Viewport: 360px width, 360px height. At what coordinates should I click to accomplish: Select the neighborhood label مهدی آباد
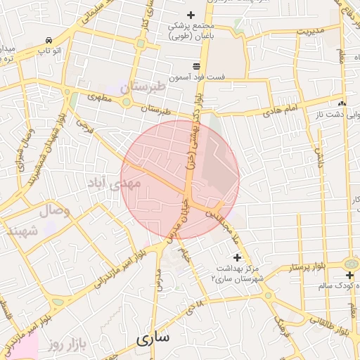(x=113, y=183)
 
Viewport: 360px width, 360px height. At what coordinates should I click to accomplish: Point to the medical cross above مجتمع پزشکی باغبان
(x=191, y=15)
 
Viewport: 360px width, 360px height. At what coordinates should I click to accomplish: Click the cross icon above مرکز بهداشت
(x=237, y=257)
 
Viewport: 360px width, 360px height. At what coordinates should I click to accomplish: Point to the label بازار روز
(x=67, y=345)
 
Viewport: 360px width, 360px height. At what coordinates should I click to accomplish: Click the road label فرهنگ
(x=280, y=324)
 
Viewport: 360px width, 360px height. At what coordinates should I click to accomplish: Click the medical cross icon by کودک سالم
(x=350, y=274)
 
